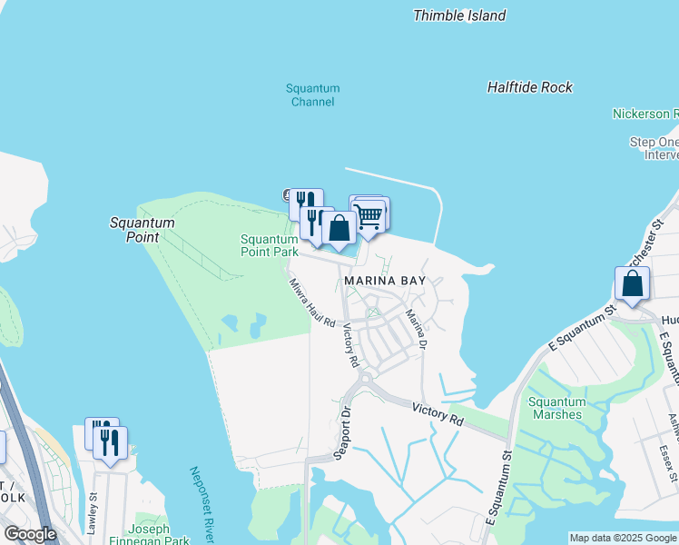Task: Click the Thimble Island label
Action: coord(459,15)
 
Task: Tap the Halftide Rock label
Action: coord(530,87)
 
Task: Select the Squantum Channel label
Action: coord(312,95)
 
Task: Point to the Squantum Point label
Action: coord(142,229)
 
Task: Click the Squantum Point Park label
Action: coord(269,245)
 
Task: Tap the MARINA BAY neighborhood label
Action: coord(384,282)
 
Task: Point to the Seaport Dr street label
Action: coord(345,431)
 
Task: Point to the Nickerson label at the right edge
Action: coord(645,114)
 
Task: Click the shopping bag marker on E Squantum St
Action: coord(632,283)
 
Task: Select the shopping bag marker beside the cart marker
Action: coord(339,227)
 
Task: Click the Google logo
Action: coord(30,534)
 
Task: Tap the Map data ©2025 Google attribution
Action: coord(623,538)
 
